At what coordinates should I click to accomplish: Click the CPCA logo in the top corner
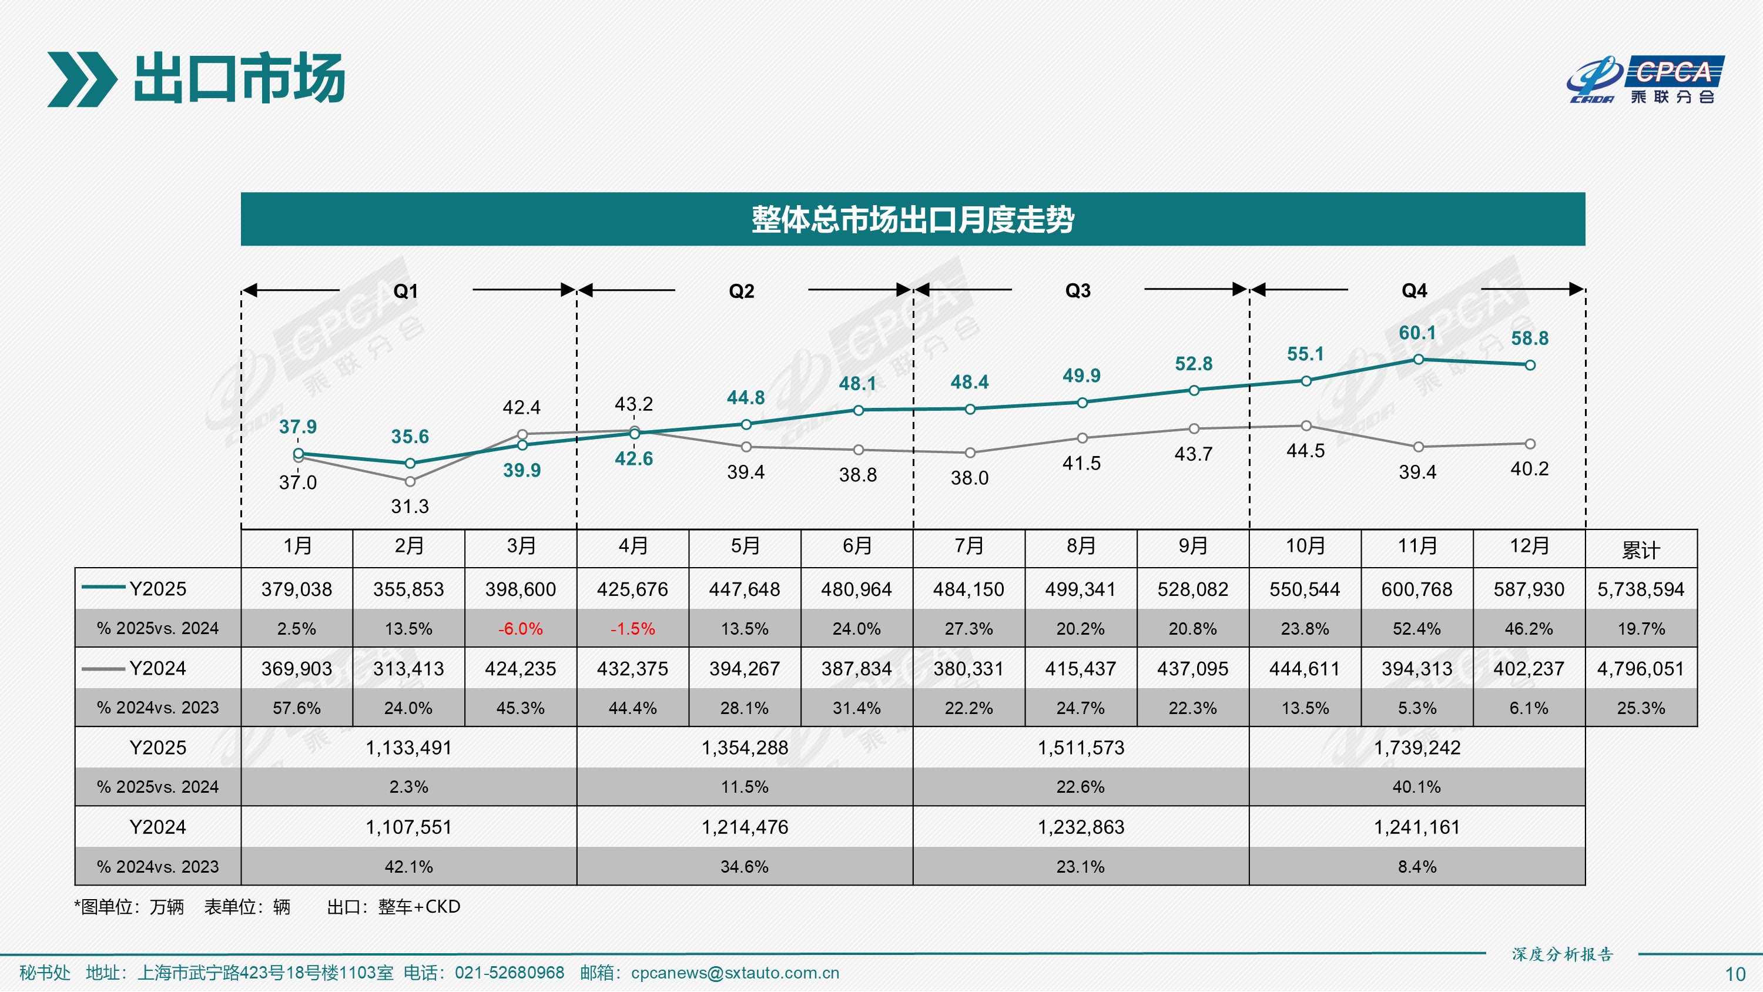tap(1646, 79)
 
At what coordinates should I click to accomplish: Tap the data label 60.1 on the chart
tap(1417, 333)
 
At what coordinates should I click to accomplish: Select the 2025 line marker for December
tap(1530, 365)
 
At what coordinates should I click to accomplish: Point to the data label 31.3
tap(410, 507)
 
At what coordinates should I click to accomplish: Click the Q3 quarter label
tap(1078, 291)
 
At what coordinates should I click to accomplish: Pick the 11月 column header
tap(1417, 547)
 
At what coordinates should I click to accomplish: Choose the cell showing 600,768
tap(1417, 589)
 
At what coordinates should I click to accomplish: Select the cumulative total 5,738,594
tap(1641, 589)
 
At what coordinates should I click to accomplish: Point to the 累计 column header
tap(1641, 549)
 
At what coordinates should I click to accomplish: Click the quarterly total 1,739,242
tap(1417, 748)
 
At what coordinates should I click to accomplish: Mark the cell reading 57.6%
tap(296, 708)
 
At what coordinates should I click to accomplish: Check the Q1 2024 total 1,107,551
tap(408, 827)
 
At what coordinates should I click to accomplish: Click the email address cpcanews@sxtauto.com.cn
tap(735, 973)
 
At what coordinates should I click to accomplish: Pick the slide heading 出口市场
tap(240, 79)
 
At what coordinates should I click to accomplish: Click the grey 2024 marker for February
tap(410, 481)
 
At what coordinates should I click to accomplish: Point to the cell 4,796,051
tap(1641, 669)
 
